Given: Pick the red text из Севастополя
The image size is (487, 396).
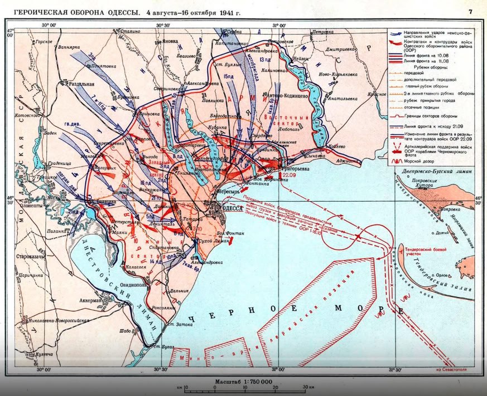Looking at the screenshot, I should point(454,368).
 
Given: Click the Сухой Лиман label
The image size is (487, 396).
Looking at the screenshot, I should point(214,242).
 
